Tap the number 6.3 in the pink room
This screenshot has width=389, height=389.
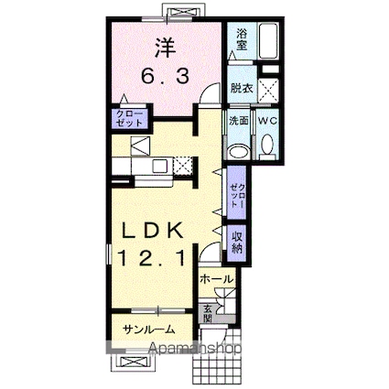(x=166, y=77)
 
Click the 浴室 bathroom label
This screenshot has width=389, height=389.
(x=241, y=38)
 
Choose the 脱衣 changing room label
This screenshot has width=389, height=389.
(x=241, y=89)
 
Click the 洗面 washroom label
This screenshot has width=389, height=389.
(x=238, y=121)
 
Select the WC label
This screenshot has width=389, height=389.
(x=268, y=121)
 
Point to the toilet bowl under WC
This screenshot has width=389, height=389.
(x=268, y=145)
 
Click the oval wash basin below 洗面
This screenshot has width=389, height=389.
(x=238, y=151)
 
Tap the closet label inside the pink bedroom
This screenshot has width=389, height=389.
(x=124, y=117)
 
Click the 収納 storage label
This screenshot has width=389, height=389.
(x=237, y=241)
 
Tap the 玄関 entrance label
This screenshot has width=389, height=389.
(x=209, y=312)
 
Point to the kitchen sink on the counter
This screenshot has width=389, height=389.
(x=156, y=167)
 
